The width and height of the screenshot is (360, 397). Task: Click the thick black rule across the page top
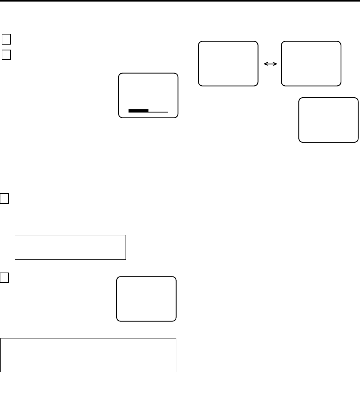(180, 1)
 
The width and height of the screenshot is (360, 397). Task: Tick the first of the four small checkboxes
(6, 39)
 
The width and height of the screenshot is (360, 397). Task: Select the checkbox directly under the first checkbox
(6, 55)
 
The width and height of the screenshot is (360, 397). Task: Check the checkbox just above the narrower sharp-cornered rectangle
(4, 198)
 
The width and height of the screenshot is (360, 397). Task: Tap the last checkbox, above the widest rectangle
(4, 278)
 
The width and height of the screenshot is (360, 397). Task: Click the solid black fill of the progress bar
(138, 111)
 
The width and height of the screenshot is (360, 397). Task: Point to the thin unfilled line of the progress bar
(158, 112)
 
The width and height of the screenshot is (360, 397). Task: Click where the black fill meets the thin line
(148, 111)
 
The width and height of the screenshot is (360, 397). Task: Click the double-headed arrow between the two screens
(270, 64)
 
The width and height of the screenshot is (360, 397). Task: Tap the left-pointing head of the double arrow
(265, 64)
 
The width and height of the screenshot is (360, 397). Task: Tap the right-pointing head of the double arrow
(275, 64)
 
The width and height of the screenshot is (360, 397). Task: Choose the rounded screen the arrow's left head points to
(228, 63)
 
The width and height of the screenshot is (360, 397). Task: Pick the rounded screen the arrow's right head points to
(311, 63)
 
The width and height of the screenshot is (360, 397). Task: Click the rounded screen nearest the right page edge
(329, 120)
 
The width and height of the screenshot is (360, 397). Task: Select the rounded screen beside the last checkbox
(146, 299)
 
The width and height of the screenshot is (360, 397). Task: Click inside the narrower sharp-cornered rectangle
(70, 247)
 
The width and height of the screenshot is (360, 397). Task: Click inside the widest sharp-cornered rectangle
(88, 355)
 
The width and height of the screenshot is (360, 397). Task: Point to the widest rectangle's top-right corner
(176, 338)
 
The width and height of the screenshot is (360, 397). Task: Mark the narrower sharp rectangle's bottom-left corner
(15, 259)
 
